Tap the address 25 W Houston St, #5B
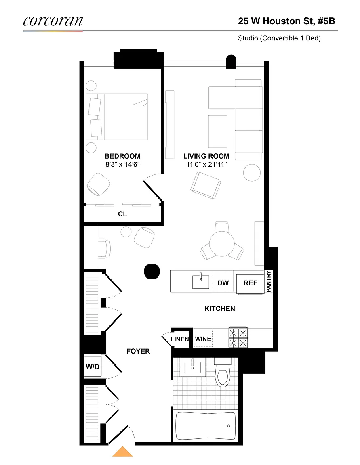click(x=286, y=21)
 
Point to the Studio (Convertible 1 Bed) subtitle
click(x=279, y=38)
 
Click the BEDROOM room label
click(x=122, y=156)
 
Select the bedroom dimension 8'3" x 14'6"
click(x=122, y=165)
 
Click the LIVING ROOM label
click(x=206, y=156)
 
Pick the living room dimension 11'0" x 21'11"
click(x=206, y=165)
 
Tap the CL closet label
click(x=122, y=214)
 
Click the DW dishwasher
click(x=223, y=282)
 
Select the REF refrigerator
click(x=250, y=284)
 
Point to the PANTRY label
click(x=269, y=281)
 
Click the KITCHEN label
click(x=220, y=309)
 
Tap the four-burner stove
click(x=238, y=337)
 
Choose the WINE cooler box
click(x=203, y=338)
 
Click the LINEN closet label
click(x=179, y=339)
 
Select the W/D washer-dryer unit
click(x=93, y=367)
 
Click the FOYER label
click(x=138, y=352)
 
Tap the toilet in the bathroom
click(x=223, y=373)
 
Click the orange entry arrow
click(x=122, y=451)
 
